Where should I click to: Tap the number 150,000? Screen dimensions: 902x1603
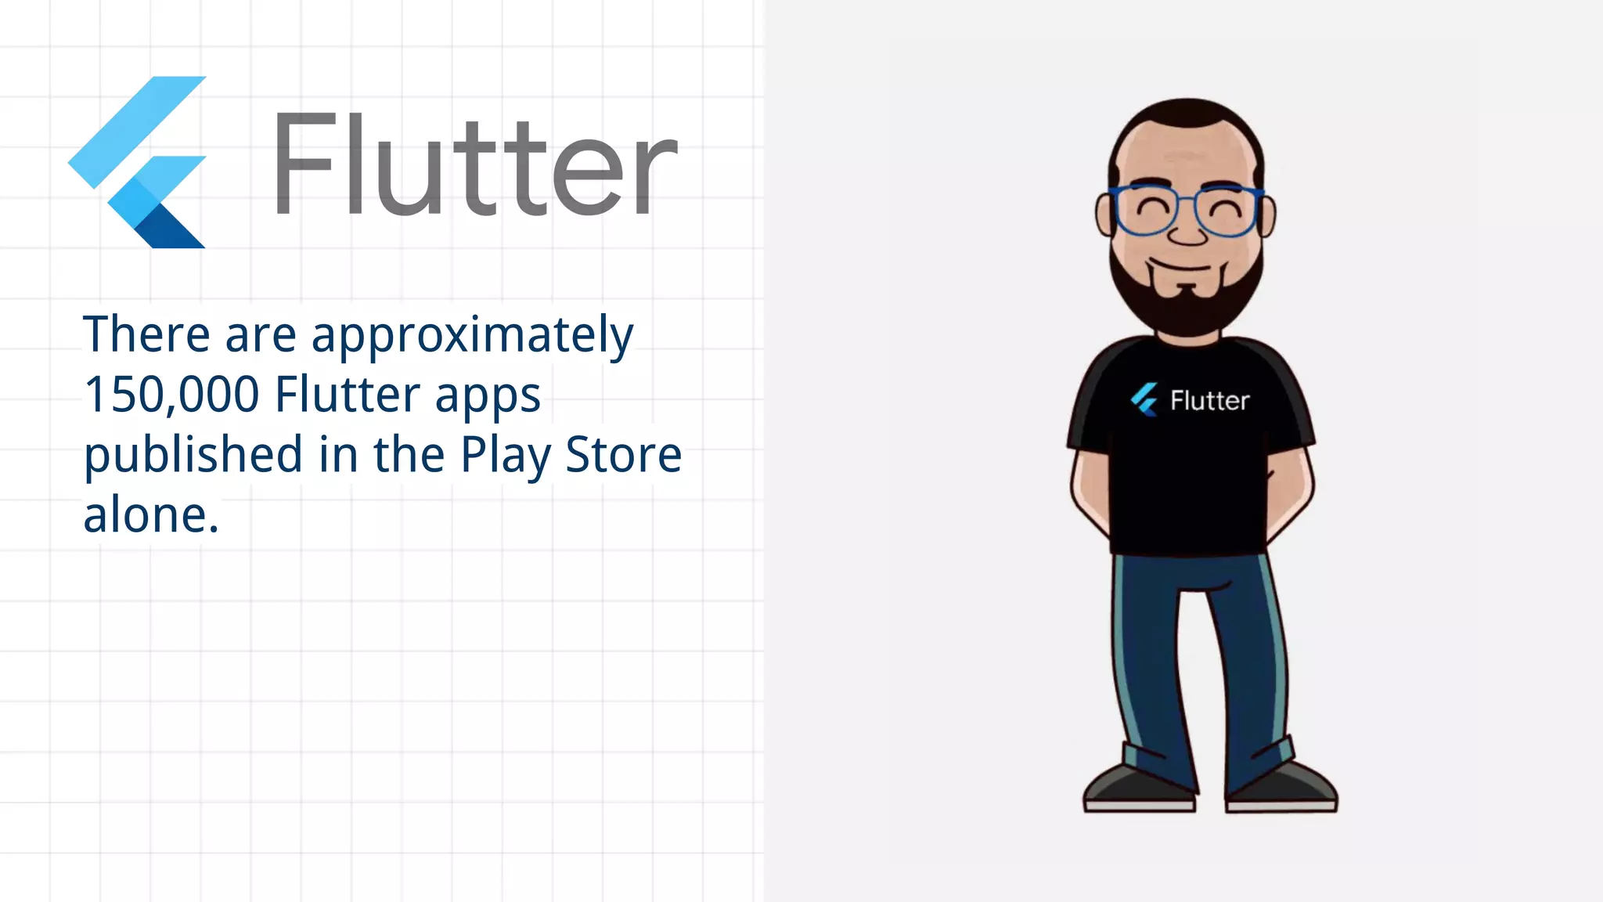[171, 394]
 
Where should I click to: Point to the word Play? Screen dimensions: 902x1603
[505, 455]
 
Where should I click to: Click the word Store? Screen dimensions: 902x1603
[623, 454]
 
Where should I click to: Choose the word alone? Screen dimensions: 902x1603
[150, 515]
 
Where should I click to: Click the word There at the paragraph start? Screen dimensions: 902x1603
[146, 334]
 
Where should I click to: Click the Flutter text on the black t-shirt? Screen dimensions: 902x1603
[1209, 401]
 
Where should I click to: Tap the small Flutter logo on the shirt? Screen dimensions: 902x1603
[1144, 399]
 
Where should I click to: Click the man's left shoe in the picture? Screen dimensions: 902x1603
[1139, 787]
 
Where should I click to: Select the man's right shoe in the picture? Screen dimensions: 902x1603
[1282, 787]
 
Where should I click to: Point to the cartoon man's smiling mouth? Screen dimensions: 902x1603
[1188, 266]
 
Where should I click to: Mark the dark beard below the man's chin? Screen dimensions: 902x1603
[1188, 313]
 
